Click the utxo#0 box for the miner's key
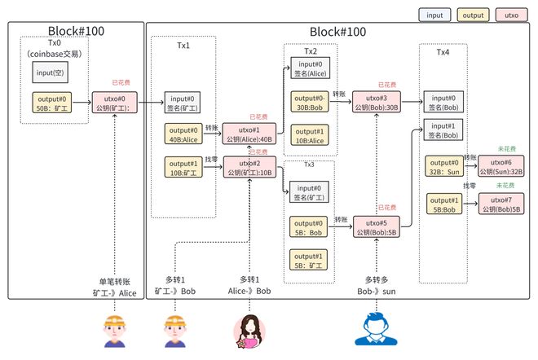point(116,103)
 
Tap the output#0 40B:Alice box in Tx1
point(183,134)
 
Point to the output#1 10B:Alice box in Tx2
point(310,136)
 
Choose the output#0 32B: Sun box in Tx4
point(443,167)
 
